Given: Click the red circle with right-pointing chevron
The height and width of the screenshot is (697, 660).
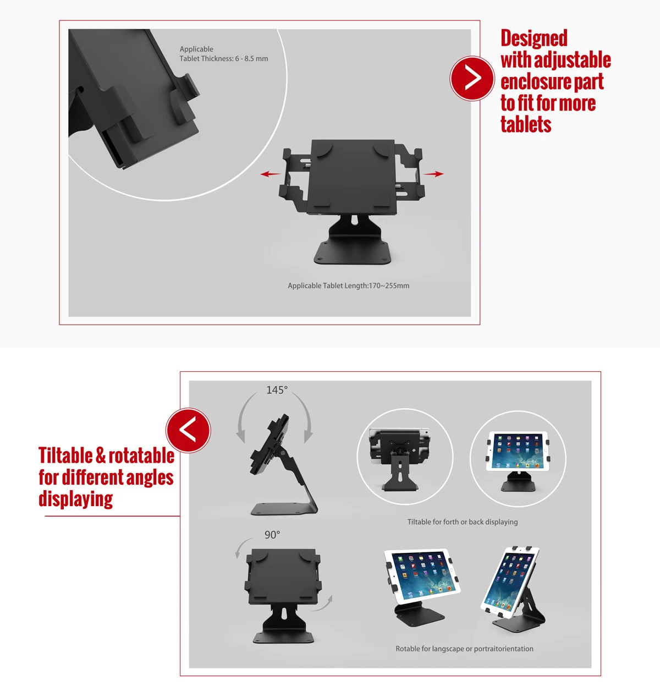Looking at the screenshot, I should (472, 78).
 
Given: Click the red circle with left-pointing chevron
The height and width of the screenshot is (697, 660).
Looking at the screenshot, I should (188, 430).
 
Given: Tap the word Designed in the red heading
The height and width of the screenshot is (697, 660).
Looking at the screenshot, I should (533, 39).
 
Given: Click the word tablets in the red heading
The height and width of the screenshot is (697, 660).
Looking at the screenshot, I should (525, 125).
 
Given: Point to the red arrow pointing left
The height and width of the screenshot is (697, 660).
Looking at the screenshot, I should (270, 174).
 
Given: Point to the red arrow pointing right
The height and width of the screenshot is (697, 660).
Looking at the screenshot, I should (434, 174).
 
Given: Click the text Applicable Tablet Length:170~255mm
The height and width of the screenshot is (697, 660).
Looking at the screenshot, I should (348, 286).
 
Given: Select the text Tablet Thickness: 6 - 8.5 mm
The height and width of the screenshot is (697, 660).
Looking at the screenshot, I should (223, 58).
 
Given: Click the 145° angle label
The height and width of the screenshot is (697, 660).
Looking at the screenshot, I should (277, 390).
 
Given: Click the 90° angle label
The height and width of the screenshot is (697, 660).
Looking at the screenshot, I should (272, 535).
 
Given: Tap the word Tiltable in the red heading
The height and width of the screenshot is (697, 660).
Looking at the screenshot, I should (65, 456).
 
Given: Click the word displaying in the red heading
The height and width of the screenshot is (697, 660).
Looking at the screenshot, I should (75, 500).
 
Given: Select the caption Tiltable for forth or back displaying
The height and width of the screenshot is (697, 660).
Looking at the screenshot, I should (462, 522).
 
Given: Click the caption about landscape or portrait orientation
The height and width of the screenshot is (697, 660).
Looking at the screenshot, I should (464, 649).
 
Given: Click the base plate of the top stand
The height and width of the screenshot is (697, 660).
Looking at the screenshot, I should (353, 253).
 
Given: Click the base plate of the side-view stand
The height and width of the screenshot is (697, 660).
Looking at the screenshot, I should (283, 509).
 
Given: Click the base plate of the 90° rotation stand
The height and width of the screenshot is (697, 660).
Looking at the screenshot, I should (283, 638).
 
